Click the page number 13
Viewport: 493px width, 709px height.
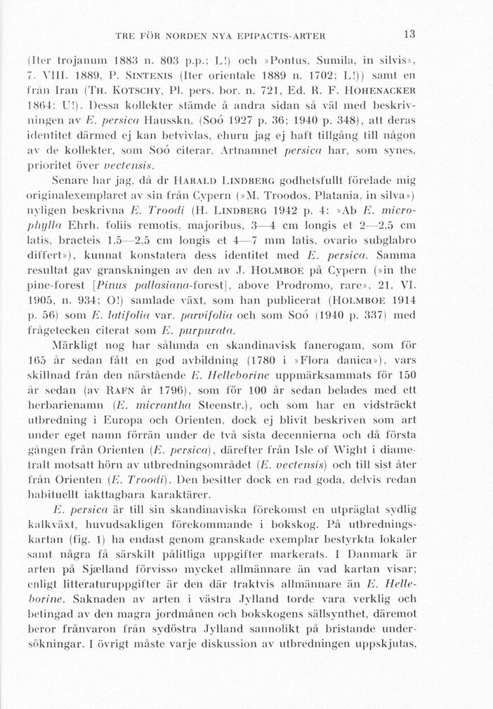click(x=409, y=34)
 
